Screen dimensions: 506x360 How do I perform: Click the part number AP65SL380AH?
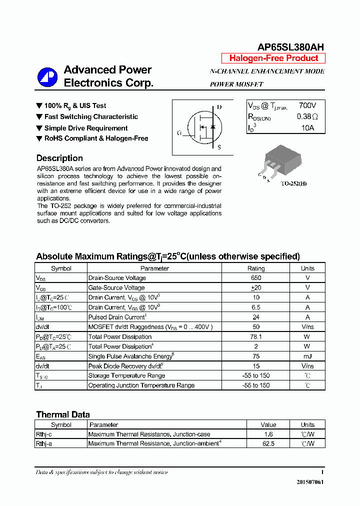coord(290,47)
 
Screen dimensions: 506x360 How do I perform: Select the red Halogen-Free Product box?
coord(273,58)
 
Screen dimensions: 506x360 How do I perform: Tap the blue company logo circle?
coord(47,77)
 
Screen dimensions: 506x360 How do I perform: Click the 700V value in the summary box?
coord(307,105)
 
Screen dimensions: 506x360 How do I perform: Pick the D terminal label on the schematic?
coord(219,107)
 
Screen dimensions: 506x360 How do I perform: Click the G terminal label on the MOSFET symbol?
coord(179,133)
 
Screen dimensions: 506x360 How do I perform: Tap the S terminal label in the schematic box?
coord(219,147)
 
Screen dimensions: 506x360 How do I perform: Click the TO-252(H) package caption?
coord(293,183)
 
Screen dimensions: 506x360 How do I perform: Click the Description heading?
coord(59,158)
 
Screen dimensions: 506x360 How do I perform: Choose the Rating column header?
coord(256,268)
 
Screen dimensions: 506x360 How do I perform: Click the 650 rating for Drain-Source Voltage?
coord(256,278)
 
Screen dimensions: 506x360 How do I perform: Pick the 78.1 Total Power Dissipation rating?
coord(256,336)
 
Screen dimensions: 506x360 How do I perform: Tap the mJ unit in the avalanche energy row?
coord(307,356)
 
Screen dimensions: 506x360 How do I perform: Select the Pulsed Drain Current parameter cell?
coord(117,317)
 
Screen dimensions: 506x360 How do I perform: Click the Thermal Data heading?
coord(63,414)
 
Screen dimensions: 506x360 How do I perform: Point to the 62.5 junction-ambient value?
coord(268,443)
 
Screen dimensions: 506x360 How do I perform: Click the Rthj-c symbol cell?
coord(44,434)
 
